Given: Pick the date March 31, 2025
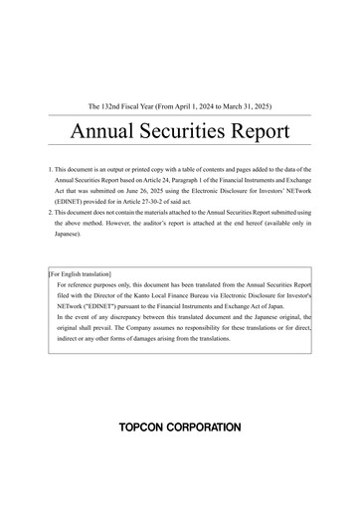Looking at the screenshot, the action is pos(259,103).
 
